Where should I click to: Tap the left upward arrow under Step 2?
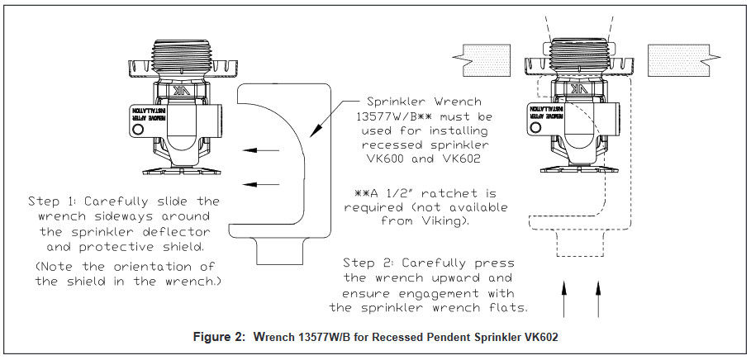565,296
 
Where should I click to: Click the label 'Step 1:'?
53,201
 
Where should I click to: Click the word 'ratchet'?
446,192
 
